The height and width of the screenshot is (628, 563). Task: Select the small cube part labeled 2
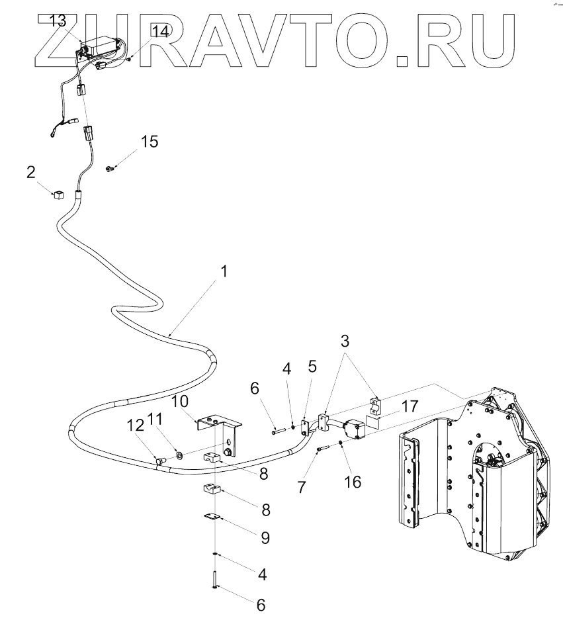tap(58, 195)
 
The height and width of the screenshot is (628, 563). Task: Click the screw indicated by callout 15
tap(110, 169)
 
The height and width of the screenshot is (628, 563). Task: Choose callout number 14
tap(159, 31)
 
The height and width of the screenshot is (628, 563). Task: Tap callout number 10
tap(181, 402)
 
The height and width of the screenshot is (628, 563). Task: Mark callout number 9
tap(265, 537)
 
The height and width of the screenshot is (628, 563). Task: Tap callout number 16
tap(353, 481)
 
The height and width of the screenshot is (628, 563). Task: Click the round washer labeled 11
tap(179, 455)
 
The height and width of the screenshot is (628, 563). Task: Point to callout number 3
tap(345, 341)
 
